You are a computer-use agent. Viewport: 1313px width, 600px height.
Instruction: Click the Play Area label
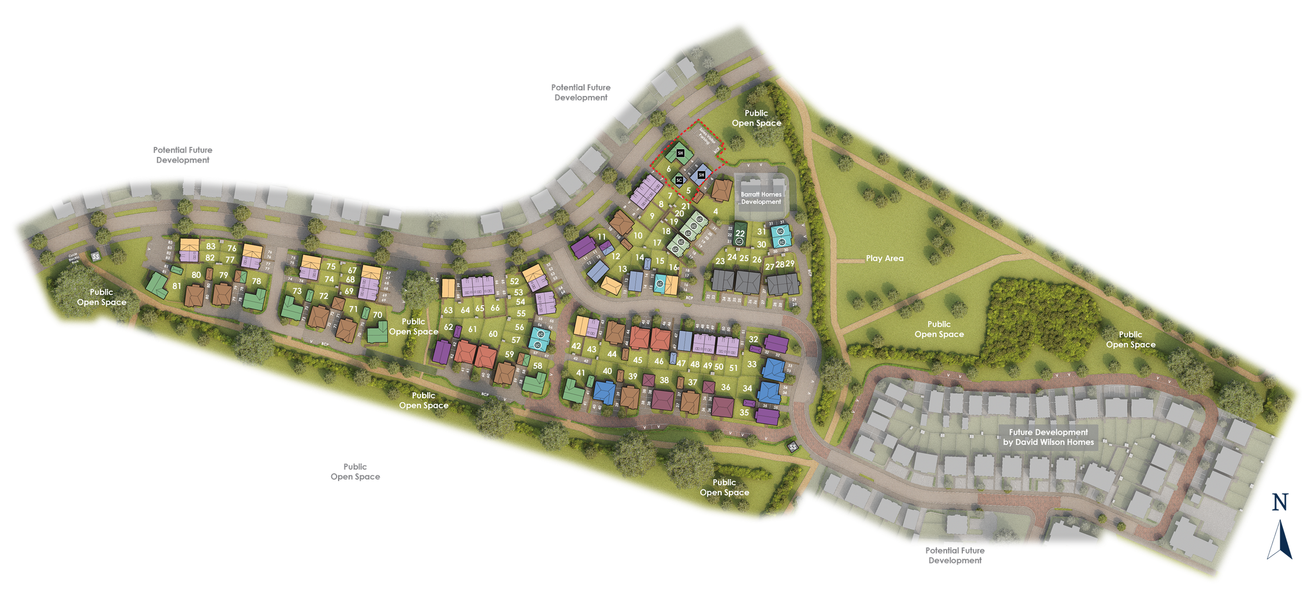point(884,258)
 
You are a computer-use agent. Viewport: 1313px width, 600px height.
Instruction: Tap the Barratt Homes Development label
point(761,198)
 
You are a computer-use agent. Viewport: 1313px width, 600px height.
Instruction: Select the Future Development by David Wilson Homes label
point(1048,437)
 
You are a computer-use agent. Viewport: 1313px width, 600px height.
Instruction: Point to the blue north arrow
point(1280,540)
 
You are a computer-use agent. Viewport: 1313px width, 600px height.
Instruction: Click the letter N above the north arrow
point(1280,503)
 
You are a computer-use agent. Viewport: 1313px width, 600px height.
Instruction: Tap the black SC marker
point(679,180)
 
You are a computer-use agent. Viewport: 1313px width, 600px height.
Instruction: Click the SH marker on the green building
point(680,153)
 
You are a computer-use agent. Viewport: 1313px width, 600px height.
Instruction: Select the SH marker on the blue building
point(701,175)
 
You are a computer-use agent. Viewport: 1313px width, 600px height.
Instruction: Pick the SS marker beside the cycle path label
point(95,256)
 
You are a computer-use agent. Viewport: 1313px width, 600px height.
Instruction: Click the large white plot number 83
point(210,247)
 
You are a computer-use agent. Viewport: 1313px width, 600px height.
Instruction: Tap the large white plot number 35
point(744,412)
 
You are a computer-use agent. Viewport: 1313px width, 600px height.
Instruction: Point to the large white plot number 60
point(493,334)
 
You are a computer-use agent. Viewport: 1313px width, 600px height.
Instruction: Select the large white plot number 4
point(715,212)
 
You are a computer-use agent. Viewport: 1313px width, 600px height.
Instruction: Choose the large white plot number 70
point(377,315)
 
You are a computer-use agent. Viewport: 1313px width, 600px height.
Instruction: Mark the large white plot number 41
point(580,373)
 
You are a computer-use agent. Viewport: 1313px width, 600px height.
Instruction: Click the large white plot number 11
point(602,237)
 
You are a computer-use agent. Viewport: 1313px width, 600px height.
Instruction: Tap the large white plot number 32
point(753,339)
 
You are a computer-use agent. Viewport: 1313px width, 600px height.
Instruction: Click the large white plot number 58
point(538,366)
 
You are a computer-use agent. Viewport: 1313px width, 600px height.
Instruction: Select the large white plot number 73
point(297,291)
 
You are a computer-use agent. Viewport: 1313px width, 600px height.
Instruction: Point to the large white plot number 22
point(740,234)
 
